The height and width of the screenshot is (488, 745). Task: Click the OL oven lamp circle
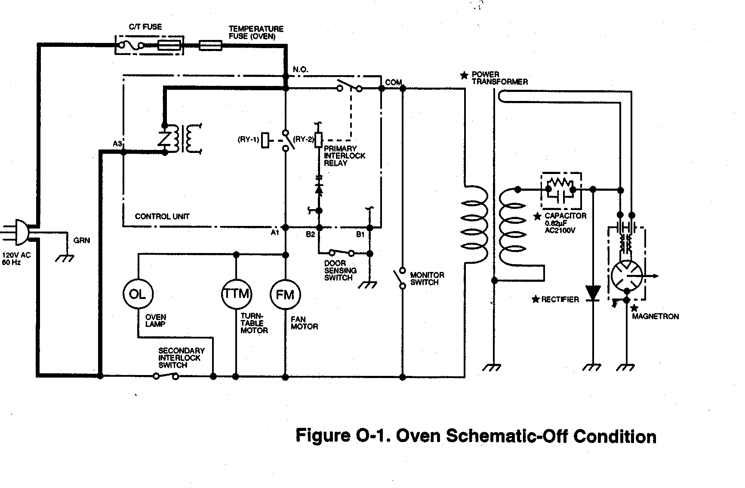(138, 294)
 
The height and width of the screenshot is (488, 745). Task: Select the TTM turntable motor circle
(236, 294)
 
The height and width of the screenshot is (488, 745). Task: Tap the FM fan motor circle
(285, 294)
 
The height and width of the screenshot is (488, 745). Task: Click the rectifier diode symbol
(594, 293)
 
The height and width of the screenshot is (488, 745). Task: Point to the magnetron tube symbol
(627, 275)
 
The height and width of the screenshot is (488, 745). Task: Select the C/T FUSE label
(145, 27)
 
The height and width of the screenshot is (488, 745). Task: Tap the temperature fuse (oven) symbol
(210, 45)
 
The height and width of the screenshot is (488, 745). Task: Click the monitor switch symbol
(401, 278)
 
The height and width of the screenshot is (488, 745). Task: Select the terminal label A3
(117, 143)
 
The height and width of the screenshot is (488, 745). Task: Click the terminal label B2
(311, 235)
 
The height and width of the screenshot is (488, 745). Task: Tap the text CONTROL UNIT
(162, 217)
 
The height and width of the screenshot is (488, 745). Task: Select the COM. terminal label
(394, 82)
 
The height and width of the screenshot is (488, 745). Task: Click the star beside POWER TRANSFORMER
(464, 76)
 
